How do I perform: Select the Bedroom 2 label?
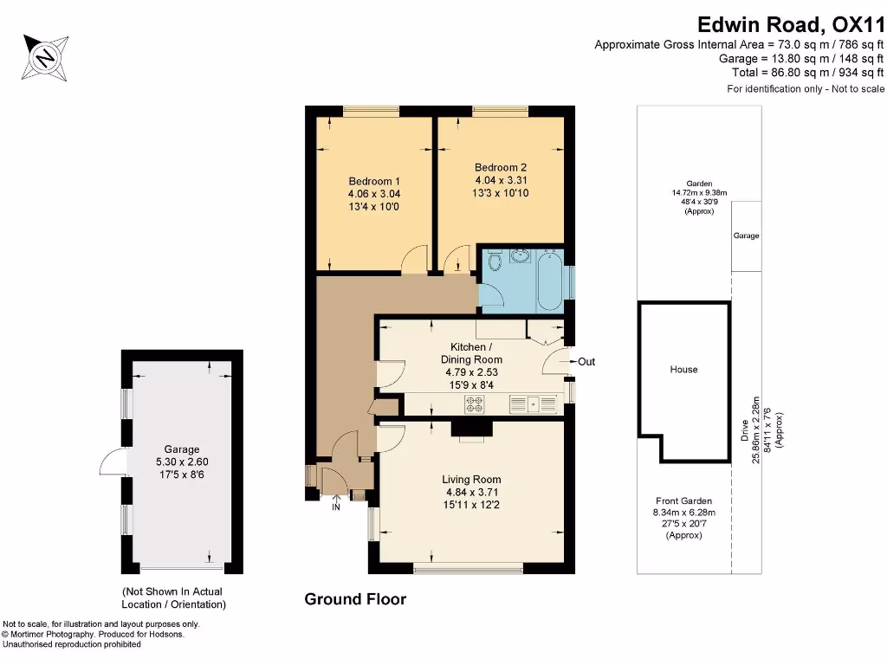point(501,168)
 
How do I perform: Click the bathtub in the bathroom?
point(550,278)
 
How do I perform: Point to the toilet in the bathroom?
point(495,261)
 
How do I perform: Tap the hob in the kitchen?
point(475,404)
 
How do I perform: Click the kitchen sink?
point(531,404)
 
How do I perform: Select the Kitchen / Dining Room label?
point(471,353)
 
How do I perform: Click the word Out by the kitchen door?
point(586,362)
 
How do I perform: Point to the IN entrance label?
point(336,507)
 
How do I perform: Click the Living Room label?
point(471,480)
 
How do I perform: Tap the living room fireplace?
point(471,429)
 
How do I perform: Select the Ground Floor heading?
point(355,599)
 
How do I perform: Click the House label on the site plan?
point(683,370)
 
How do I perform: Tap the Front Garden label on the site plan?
point(683,500)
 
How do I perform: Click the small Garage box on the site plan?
point(746,236)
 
